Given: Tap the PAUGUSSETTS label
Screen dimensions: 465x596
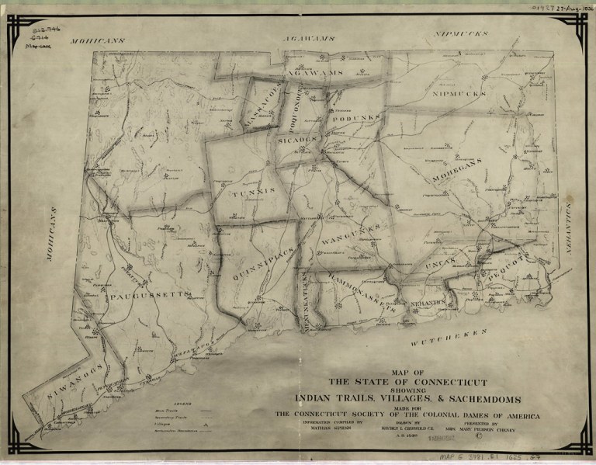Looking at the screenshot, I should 149,295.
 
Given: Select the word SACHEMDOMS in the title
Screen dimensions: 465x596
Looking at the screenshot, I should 483,398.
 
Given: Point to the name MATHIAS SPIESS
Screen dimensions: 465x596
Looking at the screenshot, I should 320,428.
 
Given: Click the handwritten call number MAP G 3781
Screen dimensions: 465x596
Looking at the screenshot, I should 481,458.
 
